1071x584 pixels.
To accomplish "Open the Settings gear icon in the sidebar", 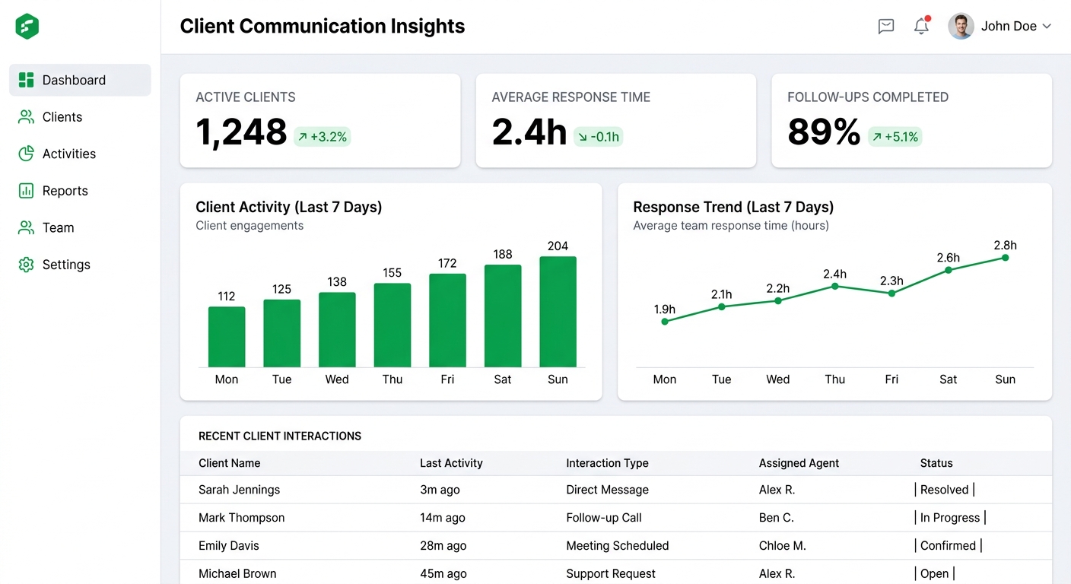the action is pos(27,265).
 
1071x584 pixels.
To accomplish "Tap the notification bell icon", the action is pos(921,25).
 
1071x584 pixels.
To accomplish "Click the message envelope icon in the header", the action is pos(886,26).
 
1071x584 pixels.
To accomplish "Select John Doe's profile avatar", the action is pos(961,26).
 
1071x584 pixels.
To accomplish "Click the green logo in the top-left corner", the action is pos(27,26).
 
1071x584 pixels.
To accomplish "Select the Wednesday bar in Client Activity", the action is pos(337,330).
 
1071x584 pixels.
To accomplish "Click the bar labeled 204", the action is pos(558,312).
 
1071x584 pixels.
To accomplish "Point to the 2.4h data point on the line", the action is pos(834,286).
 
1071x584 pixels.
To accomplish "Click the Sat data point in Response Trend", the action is pos(948,270).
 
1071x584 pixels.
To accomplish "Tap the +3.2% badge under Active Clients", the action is pos(323,137).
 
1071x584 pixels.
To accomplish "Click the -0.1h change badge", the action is pos(598,137).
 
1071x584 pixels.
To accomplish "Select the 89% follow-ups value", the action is pos(824,132).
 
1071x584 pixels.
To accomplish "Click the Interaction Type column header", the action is pos(607,463).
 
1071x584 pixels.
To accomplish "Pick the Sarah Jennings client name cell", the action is pos(239,490).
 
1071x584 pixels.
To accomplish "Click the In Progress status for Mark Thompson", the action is pos(950,518).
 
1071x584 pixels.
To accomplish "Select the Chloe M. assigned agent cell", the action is pos(782,546).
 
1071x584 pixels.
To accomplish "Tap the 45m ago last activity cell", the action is pos(443,573).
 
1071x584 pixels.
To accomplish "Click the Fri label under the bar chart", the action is pos(447,379).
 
